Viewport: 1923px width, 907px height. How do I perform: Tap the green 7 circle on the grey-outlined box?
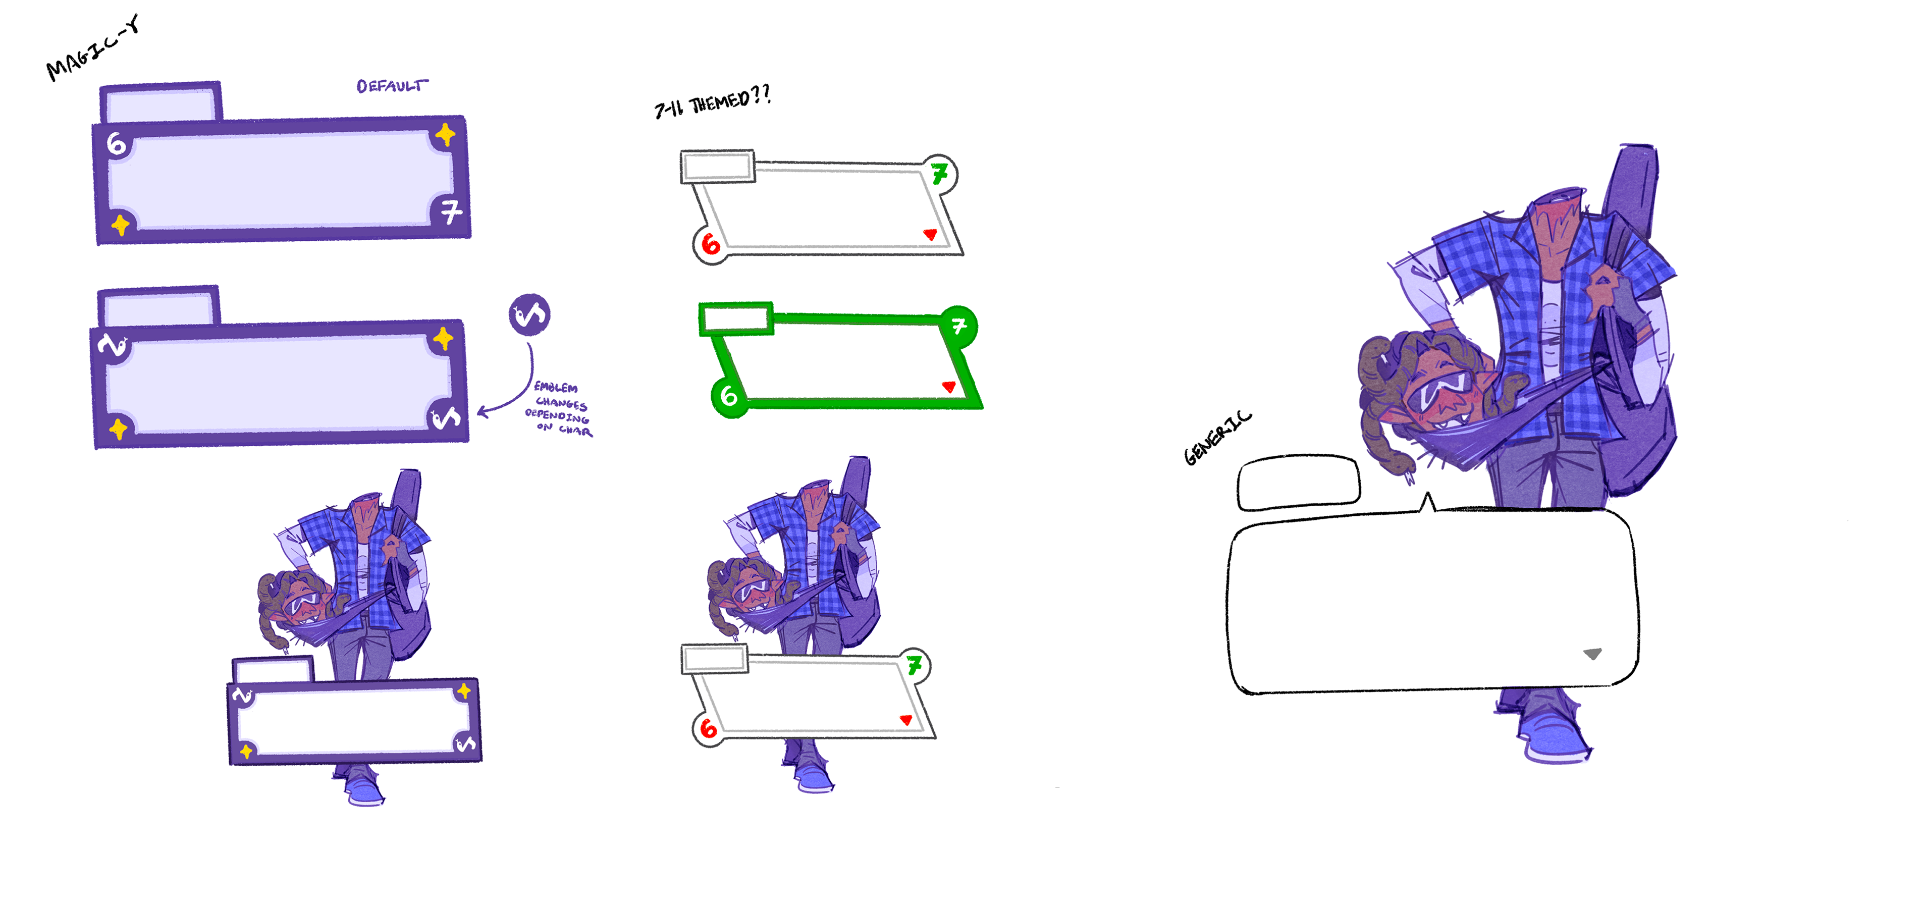coord(940,174)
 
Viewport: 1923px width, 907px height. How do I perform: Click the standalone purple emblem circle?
coord(529,314)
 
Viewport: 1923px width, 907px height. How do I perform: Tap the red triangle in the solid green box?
coord(949,387)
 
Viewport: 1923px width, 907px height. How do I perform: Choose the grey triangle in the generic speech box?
coord(1592,654)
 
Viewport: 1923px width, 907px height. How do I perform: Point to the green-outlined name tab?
coord(736,319)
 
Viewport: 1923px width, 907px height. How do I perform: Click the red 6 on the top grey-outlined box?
coord(711,243)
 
